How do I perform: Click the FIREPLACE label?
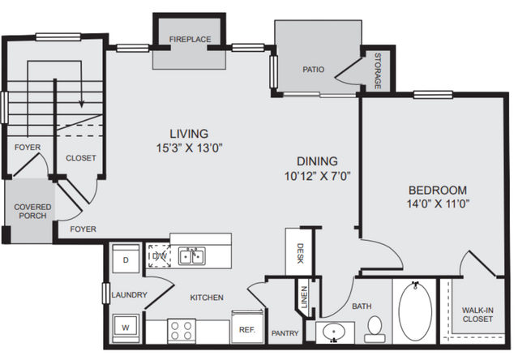(190, 39)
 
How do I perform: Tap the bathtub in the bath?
(415, 311)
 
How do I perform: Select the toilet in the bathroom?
(375, 329)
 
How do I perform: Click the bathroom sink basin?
(334, 331)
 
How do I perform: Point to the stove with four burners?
(182, 331)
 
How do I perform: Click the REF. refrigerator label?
(247, 330)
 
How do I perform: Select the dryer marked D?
(126, 259)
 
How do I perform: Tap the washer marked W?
(126, 328)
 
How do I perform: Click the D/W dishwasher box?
(159, 255)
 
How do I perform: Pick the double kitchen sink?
(192, 256)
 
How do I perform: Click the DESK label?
(300, 253)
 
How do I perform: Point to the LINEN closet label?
(304, 297)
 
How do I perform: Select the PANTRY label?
(285, 333)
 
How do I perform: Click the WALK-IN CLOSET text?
(477, 315)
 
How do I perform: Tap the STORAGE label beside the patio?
(378, 71)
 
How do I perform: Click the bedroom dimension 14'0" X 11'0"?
(438, 204)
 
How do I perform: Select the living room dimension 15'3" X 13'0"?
(190, 148)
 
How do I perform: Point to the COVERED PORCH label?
(32, 212)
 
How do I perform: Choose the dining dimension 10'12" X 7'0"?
(318, 176)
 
